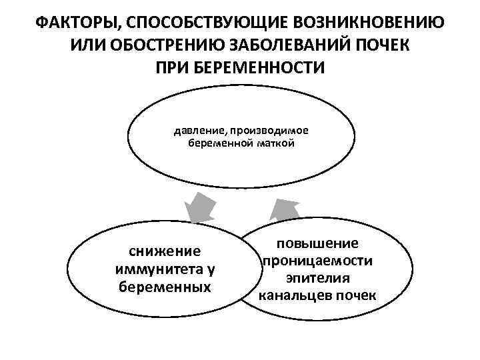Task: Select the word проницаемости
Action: (318, 260)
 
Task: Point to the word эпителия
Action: (318, 277)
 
